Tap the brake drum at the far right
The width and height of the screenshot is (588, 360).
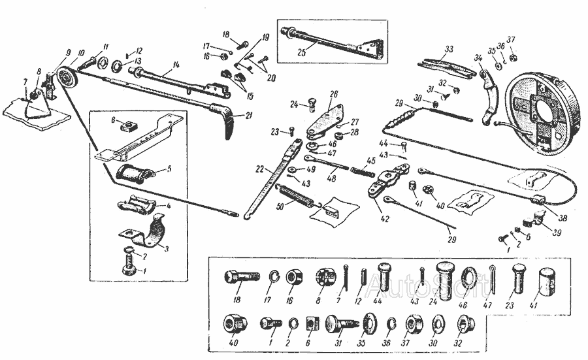point(542,110)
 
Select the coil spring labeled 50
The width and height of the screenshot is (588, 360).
point(297,195)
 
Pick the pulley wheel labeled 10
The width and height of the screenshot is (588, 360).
point(66,81)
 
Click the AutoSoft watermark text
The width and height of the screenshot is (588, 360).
point(401,283)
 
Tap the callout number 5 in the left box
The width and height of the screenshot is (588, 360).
point(169,168)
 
